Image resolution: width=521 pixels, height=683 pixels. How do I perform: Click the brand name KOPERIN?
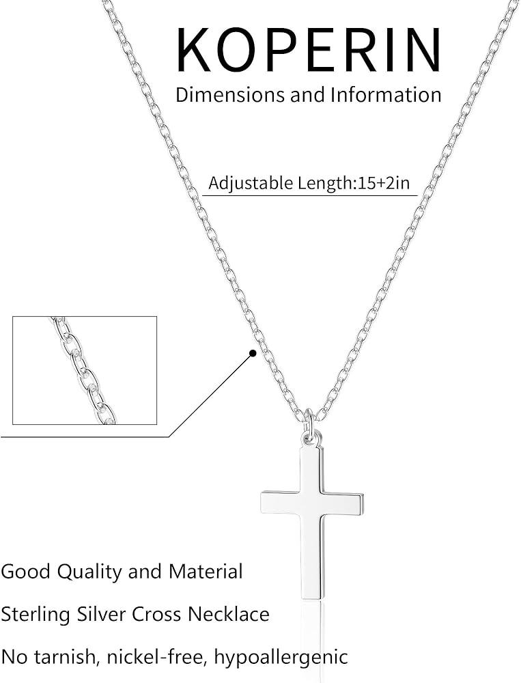pos(309,51)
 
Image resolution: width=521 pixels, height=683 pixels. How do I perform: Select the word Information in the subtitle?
pos(386,94)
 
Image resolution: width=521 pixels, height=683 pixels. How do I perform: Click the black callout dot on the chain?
pos(253,353)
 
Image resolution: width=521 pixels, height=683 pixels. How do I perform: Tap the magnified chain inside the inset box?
pos(83,370)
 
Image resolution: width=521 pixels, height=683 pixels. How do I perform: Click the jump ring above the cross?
pos(309,423)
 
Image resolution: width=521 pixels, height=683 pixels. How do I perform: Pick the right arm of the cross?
pos(344,503)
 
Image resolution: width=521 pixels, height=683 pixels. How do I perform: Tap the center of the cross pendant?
pos(312,503)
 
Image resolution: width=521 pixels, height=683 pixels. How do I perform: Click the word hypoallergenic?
pos(281,657)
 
